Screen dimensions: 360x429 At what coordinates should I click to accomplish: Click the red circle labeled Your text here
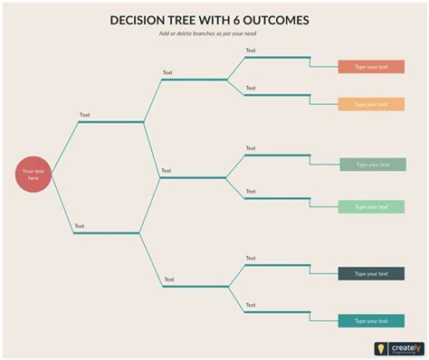(x=34, y=174)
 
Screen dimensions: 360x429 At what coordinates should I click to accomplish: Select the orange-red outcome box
(x=371, y=67)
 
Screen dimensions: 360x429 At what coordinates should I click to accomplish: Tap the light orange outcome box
(x=371, y=104)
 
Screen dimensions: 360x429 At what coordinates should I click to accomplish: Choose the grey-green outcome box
(x=372, y=165)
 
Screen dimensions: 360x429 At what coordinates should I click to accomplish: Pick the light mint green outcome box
(x=371, y=206)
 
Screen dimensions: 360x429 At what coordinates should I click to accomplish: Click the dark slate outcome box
(x=371, y=273)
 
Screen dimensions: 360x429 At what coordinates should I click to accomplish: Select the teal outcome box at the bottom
(x=371, y=320)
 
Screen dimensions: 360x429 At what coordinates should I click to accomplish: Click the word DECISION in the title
(x=141, y=19)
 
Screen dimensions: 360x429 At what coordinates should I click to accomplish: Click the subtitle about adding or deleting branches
(x=215, y=34)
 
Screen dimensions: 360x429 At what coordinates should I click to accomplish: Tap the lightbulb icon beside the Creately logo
(x=381, y=348)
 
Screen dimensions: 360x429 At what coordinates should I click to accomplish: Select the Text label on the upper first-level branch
(x=84, y=115)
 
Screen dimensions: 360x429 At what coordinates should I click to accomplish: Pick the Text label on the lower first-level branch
(x=80, y=226)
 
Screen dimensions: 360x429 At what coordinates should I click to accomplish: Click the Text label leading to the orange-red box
(x=251, y=51)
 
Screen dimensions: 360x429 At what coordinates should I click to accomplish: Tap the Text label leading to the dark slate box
(x=251, y=259)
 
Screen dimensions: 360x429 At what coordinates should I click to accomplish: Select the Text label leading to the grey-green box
(x=251, y=148)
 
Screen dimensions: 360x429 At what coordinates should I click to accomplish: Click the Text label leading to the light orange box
(x=251, y=88)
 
